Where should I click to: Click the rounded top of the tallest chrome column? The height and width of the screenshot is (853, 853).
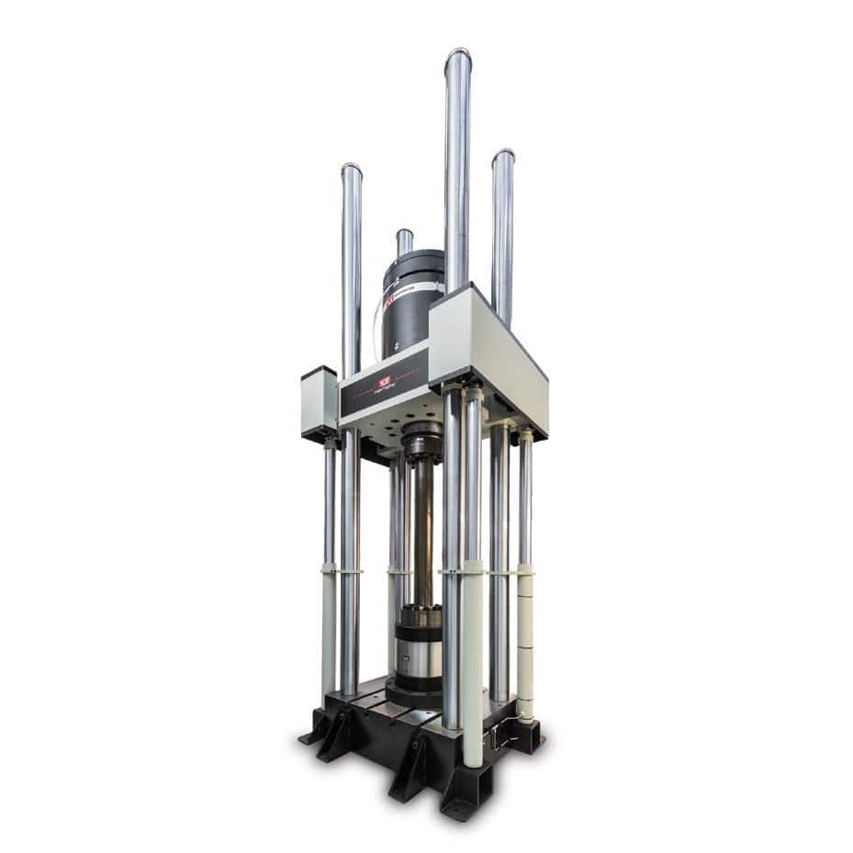pos(457,57)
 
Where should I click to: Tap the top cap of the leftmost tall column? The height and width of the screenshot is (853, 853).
pos(352,171)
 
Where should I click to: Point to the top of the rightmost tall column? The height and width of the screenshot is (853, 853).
pos(502,156)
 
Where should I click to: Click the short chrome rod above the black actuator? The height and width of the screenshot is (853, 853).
pos(404,241)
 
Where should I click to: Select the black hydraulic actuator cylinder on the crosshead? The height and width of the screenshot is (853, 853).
pos(410,303)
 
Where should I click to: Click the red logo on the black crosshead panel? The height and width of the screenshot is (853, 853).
pos(384,380)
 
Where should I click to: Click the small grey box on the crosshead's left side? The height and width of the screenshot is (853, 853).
pos(319,402)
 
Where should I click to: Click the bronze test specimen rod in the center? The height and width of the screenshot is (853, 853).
pos(422,533)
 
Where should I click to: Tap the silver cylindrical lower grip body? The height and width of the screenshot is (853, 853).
pos(418,657)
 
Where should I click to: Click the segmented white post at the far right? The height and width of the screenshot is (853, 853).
pos(525,643)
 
